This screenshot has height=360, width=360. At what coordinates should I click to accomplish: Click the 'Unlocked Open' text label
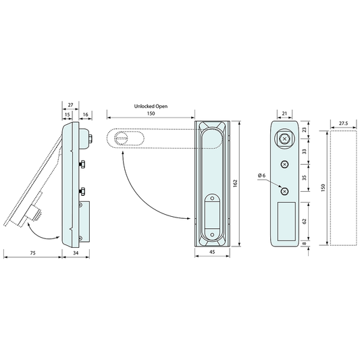pyautogui.click(x=151, y=106)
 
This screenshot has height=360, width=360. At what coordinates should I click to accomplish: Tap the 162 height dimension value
pyautogui.click(x=235, y=183)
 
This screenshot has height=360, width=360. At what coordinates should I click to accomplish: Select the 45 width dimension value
pyautogui.click(x=212, y=252)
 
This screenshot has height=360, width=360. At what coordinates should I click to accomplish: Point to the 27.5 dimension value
pyautogui.click(x=343, y=124)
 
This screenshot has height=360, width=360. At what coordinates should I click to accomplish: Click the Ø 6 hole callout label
pyautogui.click(x=261, y=176)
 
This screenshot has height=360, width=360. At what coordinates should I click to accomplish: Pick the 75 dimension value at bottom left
pyautogui.click(x=33, y=253)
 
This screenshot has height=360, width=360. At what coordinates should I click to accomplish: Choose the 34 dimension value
pyautogui.click(x=76, y=253)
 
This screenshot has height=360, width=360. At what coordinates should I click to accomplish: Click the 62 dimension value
pyautogui.click(x=304, y=222)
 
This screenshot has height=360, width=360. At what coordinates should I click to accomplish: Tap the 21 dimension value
pyautogui.click(x=284, y=113)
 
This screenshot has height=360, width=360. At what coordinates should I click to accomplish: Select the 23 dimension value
pyautogui.click(x=304, y=130)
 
